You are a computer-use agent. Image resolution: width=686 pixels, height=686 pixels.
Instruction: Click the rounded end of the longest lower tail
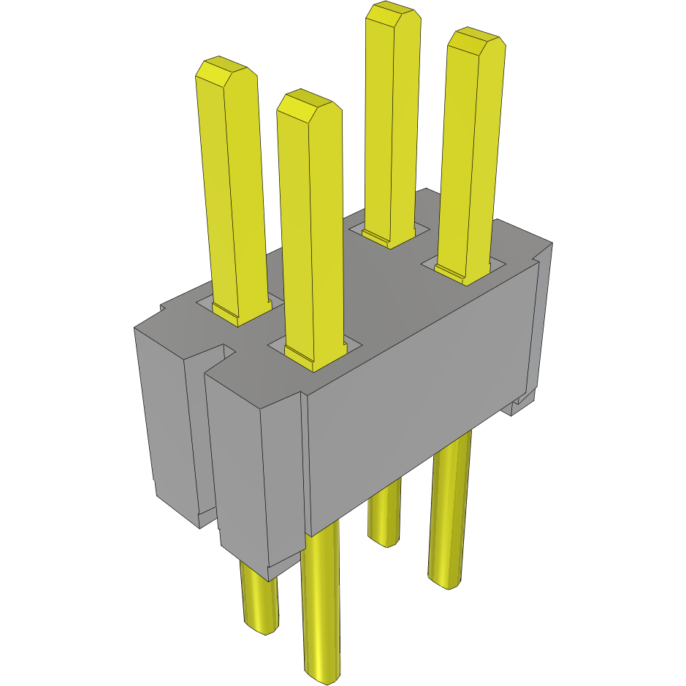click(x=321, y=673)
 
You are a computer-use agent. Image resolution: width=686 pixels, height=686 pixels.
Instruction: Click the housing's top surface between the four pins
click(x=365, y=292)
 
